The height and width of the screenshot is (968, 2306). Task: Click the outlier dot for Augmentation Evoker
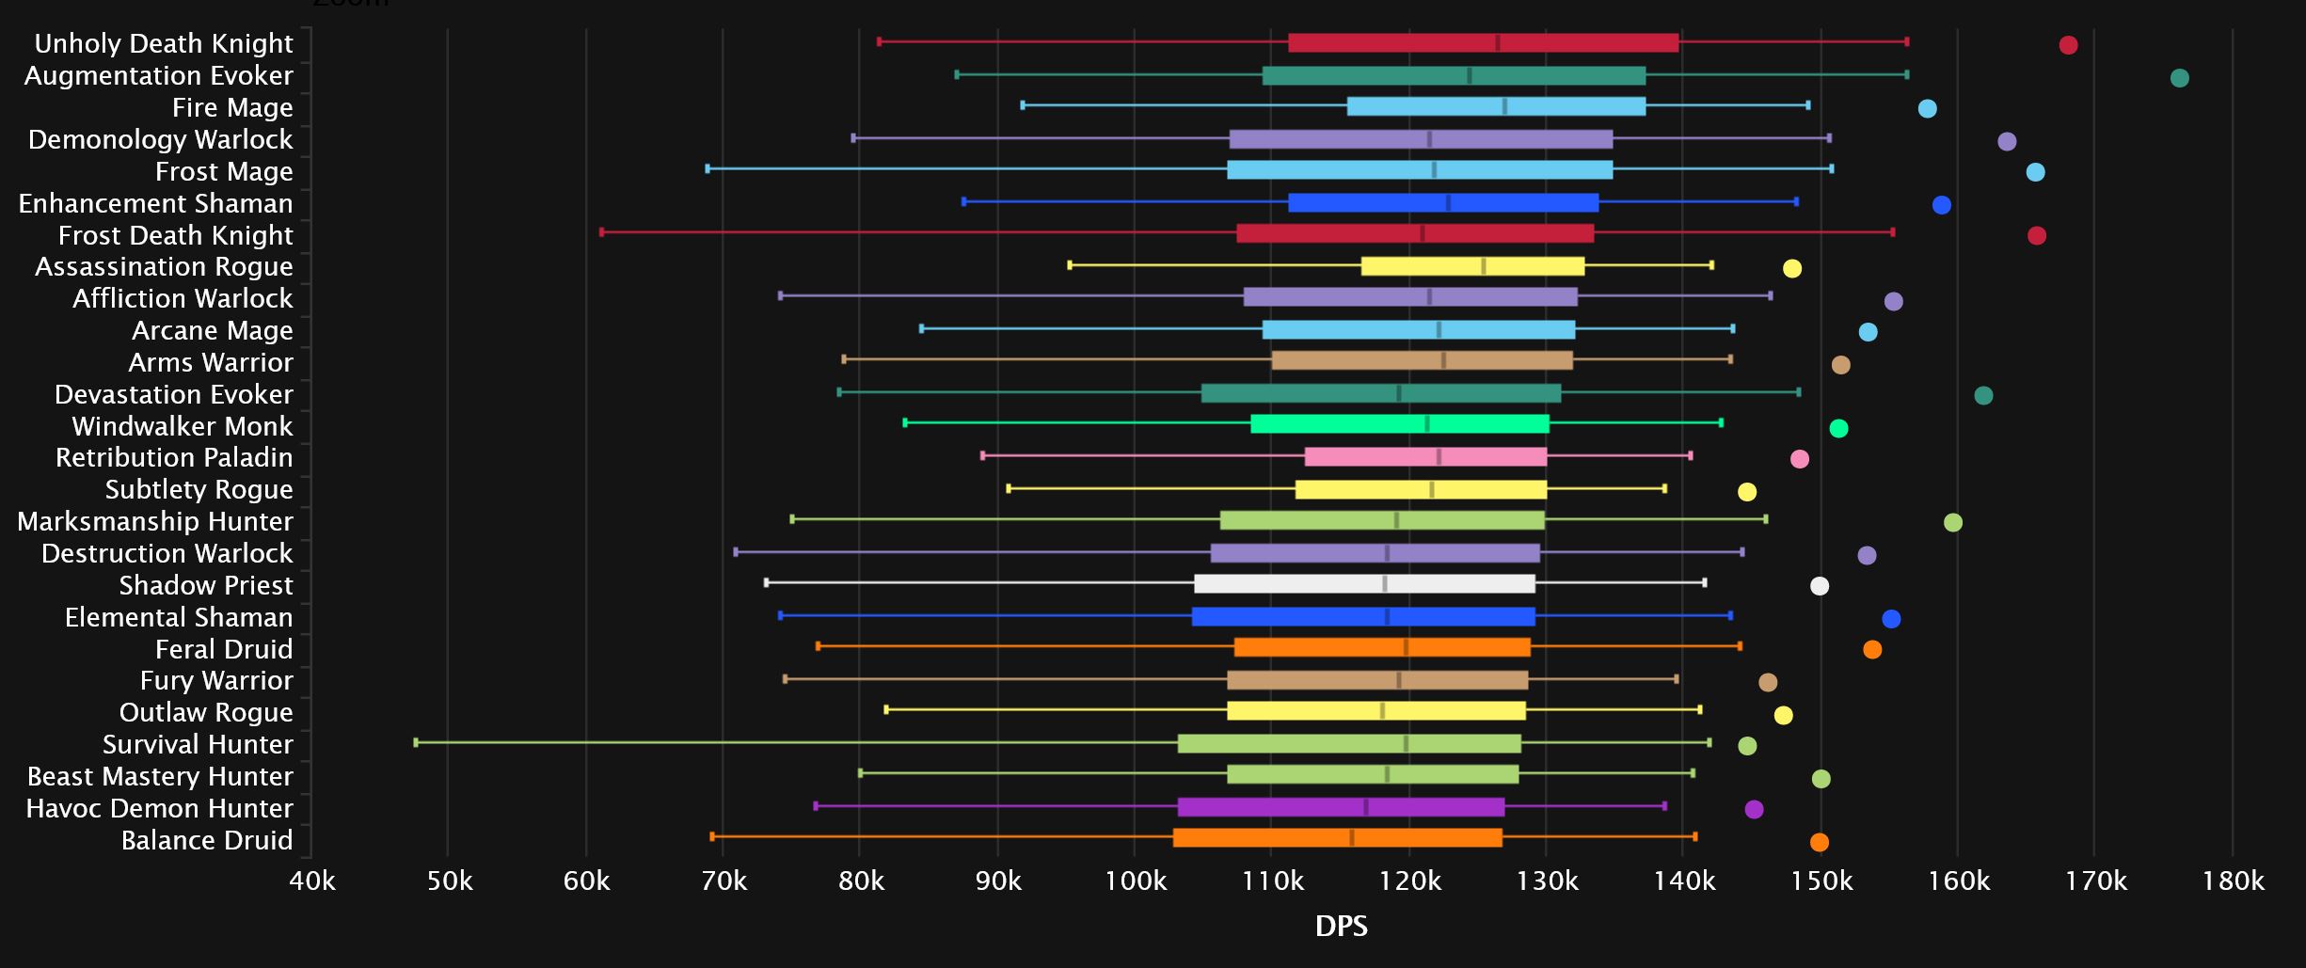click(2179, 78)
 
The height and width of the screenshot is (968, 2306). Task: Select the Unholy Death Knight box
click(1483, 42)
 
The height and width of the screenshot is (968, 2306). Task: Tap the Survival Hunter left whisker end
click(416, 742)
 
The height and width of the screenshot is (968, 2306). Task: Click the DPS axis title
click(1341, 927)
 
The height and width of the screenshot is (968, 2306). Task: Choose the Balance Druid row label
click(207, 840)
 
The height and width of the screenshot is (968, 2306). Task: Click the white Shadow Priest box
click(1364, 584)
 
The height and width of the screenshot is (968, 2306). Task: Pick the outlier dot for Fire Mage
click(1927, 109)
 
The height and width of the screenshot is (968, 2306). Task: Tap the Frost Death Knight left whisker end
click(602, 231)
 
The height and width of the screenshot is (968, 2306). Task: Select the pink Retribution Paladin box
click(1425, 457)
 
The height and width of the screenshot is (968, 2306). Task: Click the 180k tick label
click(2234, 881)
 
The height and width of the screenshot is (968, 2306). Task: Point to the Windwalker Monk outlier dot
click(1838, 429)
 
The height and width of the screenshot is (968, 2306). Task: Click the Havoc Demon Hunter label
click(159, 808)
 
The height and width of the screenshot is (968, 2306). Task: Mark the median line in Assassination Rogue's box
click(1484, 266)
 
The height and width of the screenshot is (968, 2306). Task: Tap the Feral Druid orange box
click(1382, 647)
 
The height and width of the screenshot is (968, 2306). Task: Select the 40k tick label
click(312, 881)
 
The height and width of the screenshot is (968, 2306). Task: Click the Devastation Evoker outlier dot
click(1983, 396)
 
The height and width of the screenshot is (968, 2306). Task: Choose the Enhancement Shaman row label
click(155, 203)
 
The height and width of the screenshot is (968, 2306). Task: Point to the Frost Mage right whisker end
click(1831, 168)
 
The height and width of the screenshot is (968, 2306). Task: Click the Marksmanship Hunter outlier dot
click(1953, 523)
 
